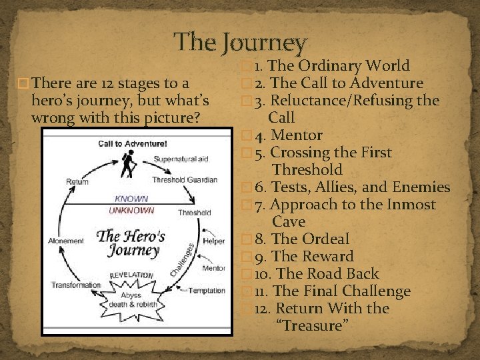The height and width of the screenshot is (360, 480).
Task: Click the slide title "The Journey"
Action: pos(240,43)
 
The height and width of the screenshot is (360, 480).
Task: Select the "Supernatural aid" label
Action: pos(181,159)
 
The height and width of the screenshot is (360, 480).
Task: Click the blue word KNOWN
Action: pos(132,199)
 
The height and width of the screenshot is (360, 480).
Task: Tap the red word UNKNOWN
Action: pos(131,210)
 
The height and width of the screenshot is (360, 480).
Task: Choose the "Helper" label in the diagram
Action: pos(214,241)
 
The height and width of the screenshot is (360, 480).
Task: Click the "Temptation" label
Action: pos(206,291)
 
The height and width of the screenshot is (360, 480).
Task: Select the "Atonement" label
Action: pos(67,241)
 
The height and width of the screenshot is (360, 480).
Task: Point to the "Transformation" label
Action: pos(76,285)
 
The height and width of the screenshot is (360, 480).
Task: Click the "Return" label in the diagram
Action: pos(77,181)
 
